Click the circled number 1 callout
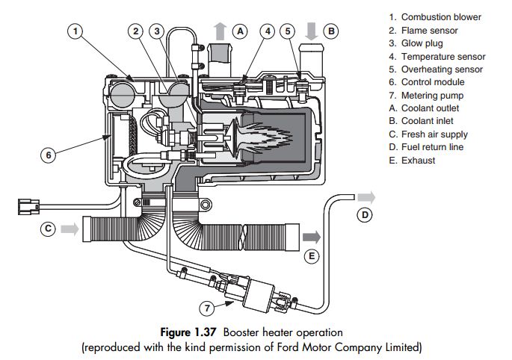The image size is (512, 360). click(76, 31)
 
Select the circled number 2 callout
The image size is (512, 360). click(135, 31)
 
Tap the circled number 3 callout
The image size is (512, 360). click(156, 31)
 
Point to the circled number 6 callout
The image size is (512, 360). click(49, 155)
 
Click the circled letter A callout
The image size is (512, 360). click(240, 31)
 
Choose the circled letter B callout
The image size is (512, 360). click(333, 31)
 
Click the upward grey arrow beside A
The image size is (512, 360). click(220, 31)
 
